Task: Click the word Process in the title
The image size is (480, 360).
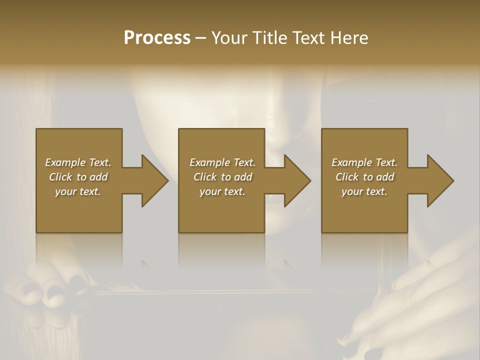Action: (157, 38)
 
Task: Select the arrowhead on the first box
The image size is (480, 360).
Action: (153, 180)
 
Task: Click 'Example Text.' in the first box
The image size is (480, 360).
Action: (78, 162)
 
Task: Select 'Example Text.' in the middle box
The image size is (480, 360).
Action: (222, 162)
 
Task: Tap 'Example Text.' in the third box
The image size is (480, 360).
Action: (364, 162)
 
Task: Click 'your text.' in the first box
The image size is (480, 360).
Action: (78, 191)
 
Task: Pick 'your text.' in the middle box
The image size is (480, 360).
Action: (222, 191)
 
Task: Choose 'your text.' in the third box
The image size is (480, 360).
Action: (364, 191)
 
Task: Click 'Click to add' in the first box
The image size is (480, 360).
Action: (78, 177)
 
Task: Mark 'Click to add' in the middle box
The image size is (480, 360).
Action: (222, 177)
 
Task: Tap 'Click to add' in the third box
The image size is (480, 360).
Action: (364, 177)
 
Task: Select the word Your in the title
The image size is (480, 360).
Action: (229, 38)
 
